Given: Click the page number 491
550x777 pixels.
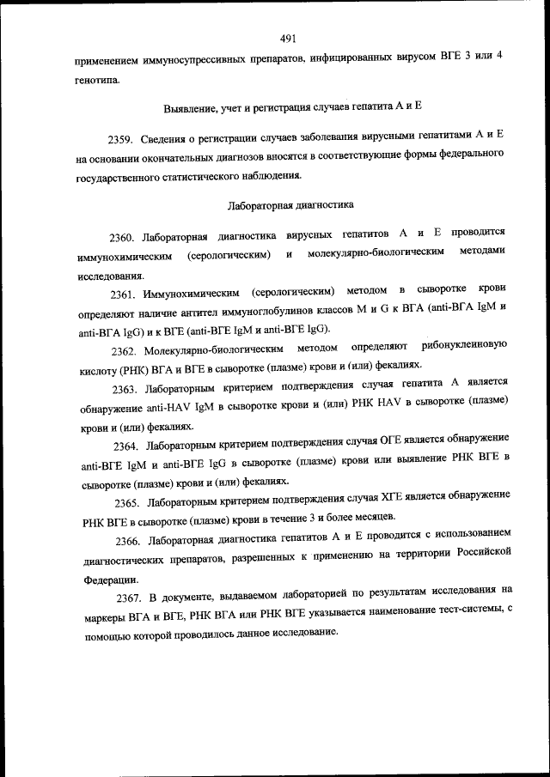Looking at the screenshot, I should tap(288, 38).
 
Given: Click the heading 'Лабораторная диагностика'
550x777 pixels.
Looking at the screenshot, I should tap(290, 206).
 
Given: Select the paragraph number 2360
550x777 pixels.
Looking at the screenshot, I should tap(122, 235).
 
